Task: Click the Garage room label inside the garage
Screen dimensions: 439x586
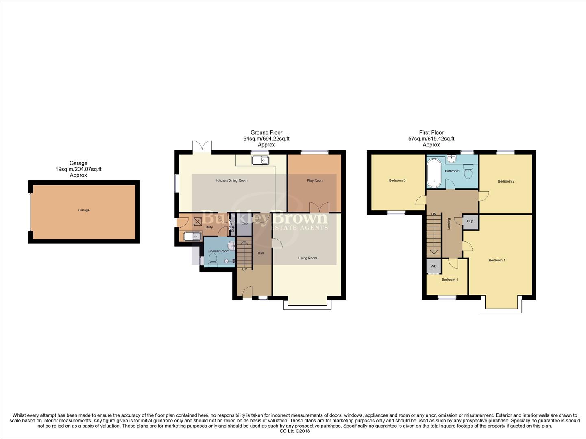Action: tap(84, 210)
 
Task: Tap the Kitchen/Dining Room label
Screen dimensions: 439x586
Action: tap(232, 180)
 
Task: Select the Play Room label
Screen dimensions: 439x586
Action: tap(315, 180)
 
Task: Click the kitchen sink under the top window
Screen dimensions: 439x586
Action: tap(260, 161)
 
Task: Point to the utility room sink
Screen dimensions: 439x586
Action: tap(192, 236)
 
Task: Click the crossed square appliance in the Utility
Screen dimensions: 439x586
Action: tap(198, 222)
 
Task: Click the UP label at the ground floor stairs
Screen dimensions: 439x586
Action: tap(244, 269)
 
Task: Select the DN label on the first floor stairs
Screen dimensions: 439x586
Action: tap(434, 214)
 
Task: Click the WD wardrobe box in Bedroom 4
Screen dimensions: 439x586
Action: tap(434, 267)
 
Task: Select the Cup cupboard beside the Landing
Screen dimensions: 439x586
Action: tap(470, 221)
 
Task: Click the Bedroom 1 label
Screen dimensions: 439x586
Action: tap(497, 260)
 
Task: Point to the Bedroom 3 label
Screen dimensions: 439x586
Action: tap(397, 180)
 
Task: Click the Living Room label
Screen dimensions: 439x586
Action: tap(307, 258)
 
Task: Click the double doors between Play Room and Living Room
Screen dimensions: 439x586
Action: tap(319, 207)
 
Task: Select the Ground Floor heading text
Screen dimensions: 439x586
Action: tap(266, 133)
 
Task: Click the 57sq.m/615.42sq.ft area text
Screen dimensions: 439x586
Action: tap(431, 139)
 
